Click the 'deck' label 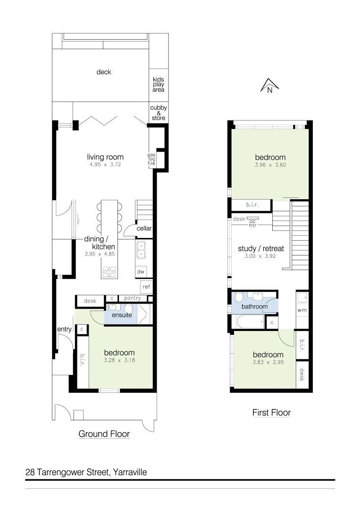pos(104,72)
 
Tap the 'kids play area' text pos(159,85)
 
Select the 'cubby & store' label pos(159,113)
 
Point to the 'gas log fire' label pos(151,159)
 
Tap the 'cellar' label pos(144,229)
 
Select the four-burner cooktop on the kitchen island pos(109,272)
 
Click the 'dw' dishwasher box pos(141,272)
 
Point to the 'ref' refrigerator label pos(146,287)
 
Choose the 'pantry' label pos(132,298)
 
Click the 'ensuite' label pos(122,315)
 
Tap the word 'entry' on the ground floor pos(64,330)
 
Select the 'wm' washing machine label pos(302,311)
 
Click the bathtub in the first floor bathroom pos(249,323)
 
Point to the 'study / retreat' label pos(260,248)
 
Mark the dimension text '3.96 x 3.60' pos(270,165)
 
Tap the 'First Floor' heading pos(271,413)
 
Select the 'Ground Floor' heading pos(104,433)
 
